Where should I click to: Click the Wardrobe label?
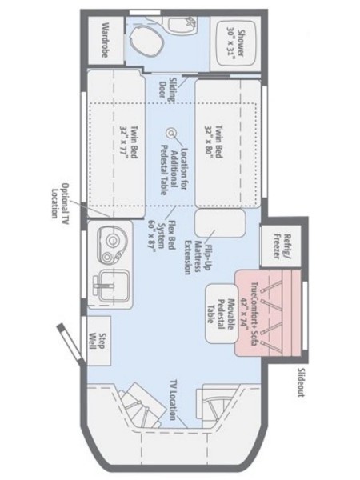[x=105, y=40]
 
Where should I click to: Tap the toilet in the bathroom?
[x=146, y=41]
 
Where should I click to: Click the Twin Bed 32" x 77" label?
[x=130, y=142]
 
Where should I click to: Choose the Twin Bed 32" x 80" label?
[x=214, y=141]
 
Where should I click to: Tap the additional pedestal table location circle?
[x=171, y=133]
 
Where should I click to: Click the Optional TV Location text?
[x=60, y=201]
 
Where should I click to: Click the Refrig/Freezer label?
[x=282, y=246]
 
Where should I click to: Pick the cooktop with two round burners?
[x=112, y=246]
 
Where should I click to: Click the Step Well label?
[x=98, y=341]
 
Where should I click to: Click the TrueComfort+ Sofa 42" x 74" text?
[x=249, y=314]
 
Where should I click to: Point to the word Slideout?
[x=301, y=382]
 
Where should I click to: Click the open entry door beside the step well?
[x=70, y=343]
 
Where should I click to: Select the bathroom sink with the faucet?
[x=182, y=24]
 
